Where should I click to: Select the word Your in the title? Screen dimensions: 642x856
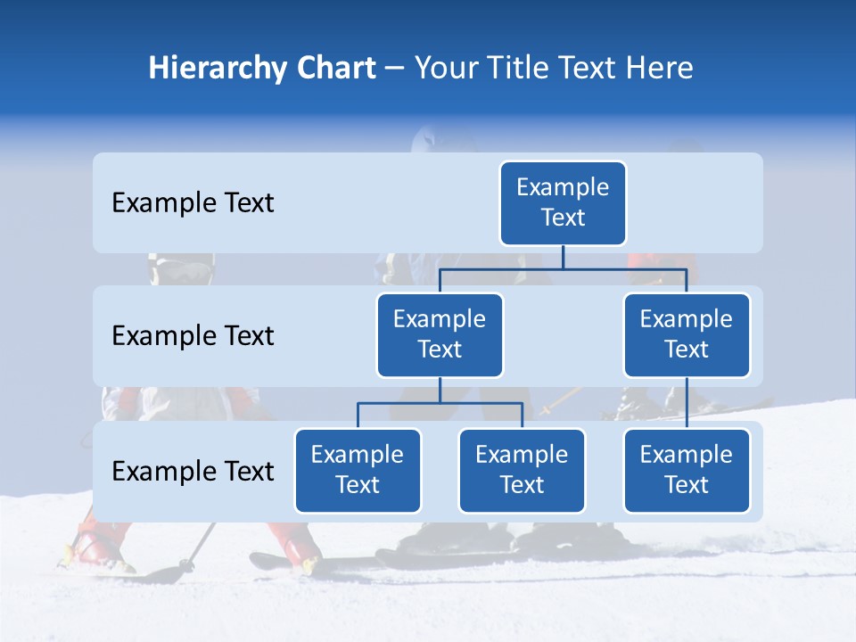(x=447, y=69)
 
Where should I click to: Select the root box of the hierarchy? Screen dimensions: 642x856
(x=563, y=202)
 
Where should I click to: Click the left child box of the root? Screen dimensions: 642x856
(x=440, y=334)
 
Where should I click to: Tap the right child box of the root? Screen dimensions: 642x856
(x=687, y=334)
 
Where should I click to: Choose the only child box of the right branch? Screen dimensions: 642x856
(x=687, y=470)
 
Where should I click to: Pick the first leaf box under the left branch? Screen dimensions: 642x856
(x=358, y=470)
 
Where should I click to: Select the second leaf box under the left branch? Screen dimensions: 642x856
(x=522, y=470)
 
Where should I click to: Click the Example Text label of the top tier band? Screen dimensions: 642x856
(x=193, y=203)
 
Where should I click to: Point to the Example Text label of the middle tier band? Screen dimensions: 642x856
(x=193, y=336)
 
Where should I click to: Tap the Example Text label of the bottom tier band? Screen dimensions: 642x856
(x=193, y=472)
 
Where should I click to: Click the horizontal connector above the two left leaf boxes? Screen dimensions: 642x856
(x=481, y=403)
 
